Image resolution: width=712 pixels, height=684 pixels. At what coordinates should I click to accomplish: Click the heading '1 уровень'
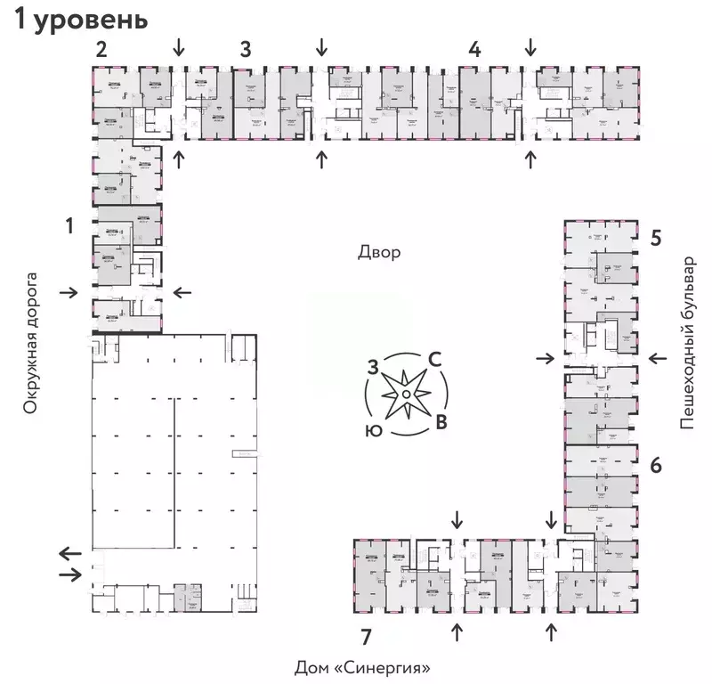[79, 20]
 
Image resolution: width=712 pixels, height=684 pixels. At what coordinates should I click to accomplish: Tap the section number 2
[101, 49]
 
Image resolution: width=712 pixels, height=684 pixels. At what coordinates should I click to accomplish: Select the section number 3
[245, 49]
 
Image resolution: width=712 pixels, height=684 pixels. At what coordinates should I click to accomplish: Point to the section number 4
[475, 49]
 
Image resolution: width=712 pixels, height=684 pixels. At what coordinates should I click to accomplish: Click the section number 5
[655, 238]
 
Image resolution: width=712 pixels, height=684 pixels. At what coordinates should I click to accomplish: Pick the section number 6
[655, 465]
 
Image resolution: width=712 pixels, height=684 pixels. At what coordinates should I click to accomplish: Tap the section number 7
[366, 635]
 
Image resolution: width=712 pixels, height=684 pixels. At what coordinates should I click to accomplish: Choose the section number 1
[69, 227]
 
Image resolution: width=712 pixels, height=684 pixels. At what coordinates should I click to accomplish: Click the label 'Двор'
[380, 252]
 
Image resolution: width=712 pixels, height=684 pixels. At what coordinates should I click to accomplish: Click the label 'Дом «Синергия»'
[368, 667]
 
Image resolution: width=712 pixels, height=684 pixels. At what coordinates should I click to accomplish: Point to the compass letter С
[436, 359]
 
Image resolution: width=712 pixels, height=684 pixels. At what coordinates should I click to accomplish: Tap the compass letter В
[440, 421]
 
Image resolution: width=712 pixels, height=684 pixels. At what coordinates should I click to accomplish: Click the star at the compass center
[405, 393]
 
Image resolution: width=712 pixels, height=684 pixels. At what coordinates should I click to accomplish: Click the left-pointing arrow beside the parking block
[68, 552]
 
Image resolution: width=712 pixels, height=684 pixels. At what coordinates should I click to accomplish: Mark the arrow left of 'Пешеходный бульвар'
[658, 358]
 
